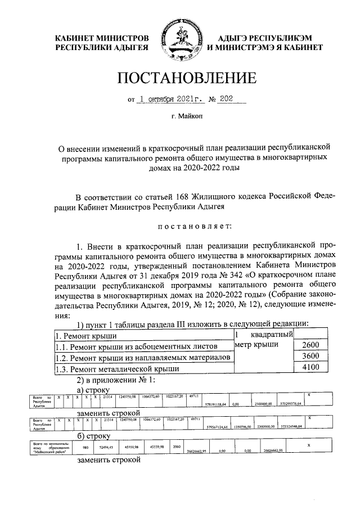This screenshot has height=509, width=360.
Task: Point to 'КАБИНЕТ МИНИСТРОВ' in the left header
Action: click(x=101, y=37)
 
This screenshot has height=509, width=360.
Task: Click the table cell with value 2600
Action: click(x=310, y=345)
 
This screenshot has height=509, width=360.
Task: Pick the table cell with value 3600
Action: click(x=310, y=357)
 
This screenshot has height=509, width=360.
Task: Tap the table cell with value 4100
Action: click(x=310, y=368)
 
